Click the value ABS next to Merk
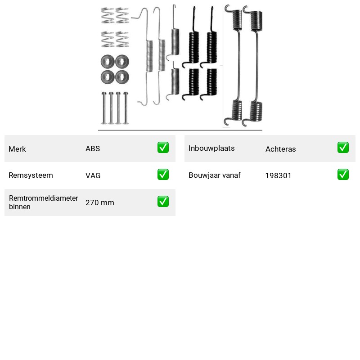93,148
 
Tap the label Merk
17,149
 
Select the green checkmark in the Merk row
163,148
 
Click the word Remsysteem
31,175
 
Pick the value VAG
93,175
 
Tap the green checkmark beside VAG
163,175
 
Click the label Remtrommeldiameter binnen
43,202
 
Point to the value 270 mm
99,202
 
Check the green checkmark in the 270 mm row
163,201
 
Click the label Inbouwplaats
211,148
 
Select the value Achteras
280,149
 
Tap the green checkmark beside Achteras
343,148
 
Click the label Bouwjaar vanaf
215,175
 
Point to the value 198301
278,175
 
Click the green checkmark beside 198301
343,175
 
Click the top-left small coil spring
108,15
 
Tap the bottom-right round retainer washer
122,77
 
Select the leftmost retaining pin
104,108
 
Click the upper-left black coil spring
192,37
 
